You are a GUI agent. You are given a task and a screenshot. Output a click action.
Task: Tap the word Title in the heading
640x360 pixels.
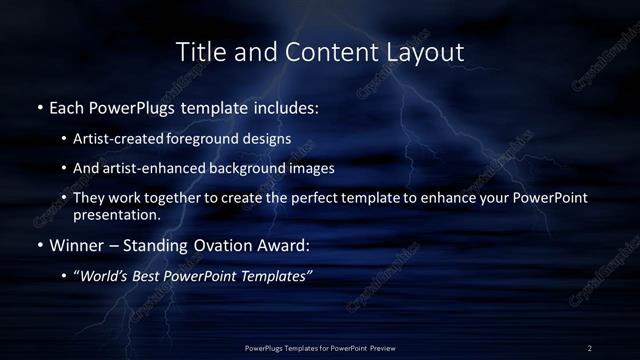click(202, 51)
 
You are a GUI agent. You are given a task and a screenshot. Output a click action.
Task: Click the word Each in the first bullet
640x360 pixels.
click(67, 105)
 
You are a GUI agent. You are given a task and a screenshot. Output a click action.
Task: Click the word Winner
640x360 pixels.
click(75, 243)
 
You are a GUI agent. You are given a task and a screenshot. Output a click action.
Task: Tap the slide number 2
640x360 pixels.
click(590, 347)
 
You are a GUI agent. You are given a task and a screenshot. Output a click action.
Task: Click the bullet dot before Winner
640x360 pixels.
click(39, 244)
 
